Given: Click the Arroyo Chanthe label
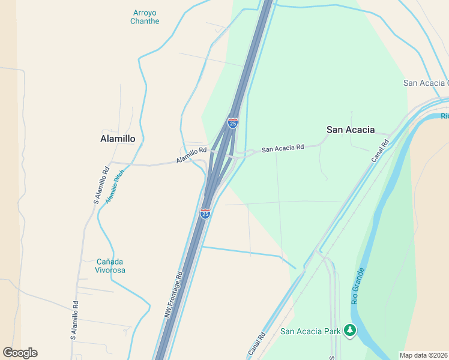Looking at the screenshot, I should (x=145, y=17).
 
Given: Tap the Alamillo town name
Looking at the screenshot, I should (x=117, y=138).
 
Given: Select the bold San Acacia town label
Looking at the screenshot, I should (x=351, y=130).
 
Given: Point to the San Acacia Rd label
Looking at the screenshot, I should (x=283, y=148).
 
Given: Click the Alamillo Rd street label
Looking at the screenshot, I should (x=191, y=156).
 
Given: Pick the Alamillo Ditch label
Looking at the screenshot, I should (x=115, y=186).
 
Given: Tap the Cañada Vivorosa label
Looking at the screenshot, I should (x=111, y=266).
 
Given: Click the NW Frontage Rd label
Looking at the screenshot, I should (x=173, y=295).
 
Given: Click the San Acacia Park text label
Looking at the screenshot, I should (x=310, y=331).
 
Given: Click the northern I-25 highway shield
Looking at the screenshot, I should (x=233, y=123).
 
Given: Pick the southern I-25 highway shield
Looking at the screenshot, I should (x=205, y=214).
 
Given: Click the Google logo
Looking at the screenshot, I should (x=20, y=353).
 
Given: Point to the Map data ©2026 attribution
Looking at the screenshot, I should (x=424, y=355).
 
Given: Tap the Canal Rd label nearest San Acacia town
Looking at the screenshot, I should (x=381, y=151).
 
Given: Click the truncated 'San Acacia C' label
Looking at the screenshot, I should (x=426, y=83).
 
